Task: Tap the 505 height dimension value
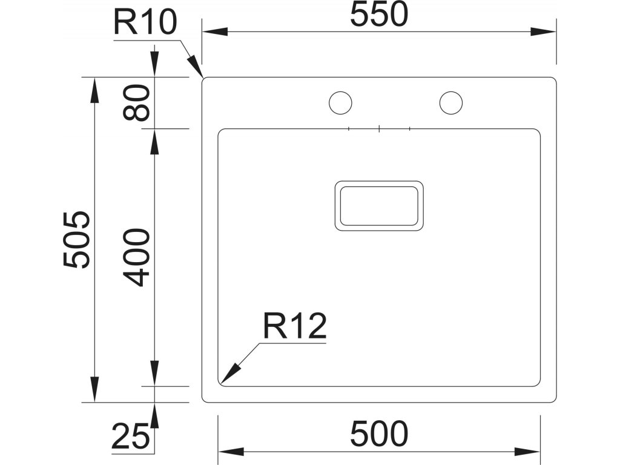pos(77,239)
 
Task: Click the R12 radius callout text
pos(295,327)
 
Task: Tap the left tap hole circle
pos(340,102)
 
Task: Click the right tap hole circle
pos(451,102)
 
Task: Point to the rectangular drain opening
pos(379,205)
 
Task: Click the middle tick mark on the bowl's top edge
pos(379,128)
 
